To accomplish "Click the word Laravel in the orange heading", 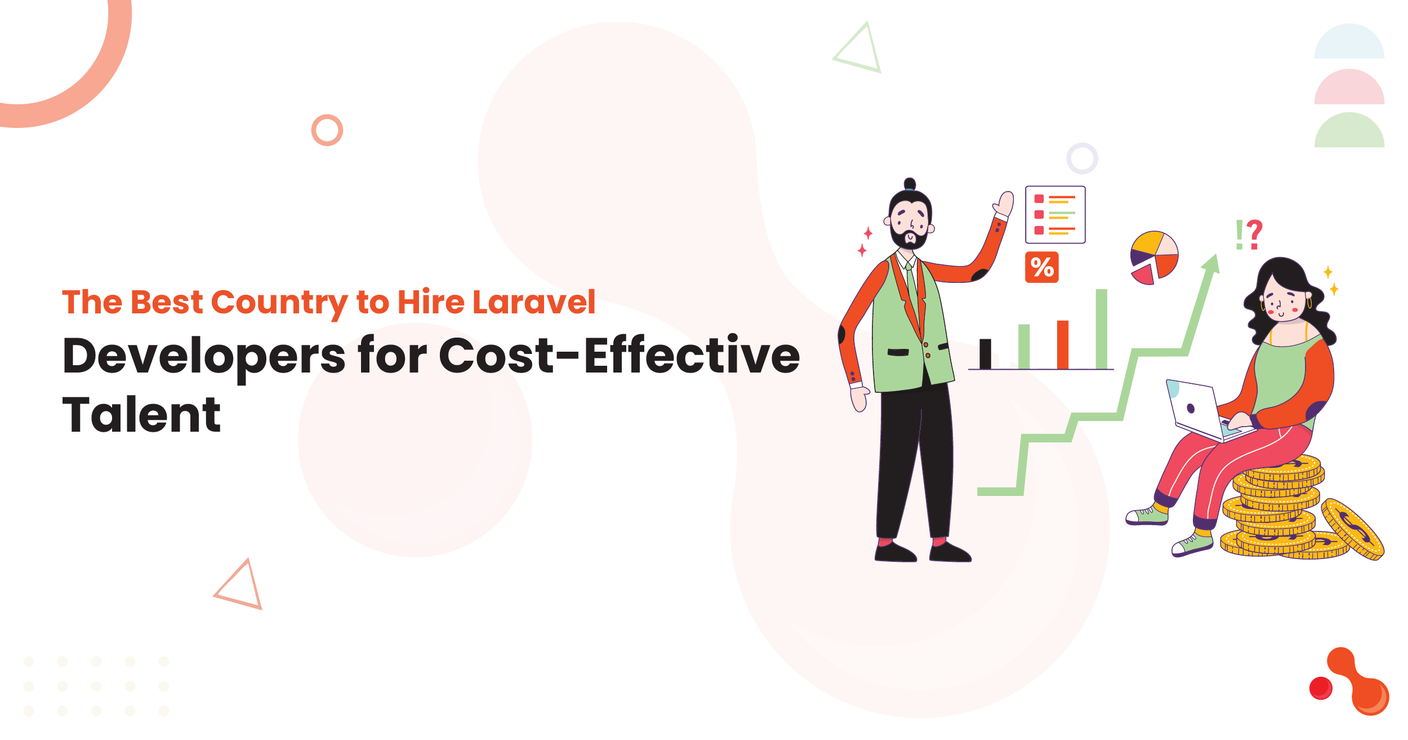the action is pyautogui.click(x=534, y=302).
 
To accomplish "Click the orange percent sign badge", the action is pyautogui.click(x=1041, y=267).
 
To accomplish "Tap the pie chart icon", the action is pyautogui.click(x=1154, y=258).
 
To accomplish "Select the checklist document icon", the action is pyautogui.click(x=1055, y=215).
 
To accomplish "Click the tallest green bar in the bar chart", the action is pyautogui.click(x=1101, y=329).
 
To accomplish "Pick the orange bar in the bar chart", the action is pyautogui.click(x=1063, y=345).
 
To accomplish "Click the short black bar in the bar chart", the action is pyautogui.click(x=985, y=354).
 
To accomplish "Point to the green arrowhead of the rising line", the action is pyautogui.click(x=1211, y=264).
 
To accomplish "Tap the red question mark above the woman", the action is pyautogui.click(x=1254, y=234).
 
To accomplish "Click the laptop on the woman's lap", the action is pyautogui.click(x=1204, y=411).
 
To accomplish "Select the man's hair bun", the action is pyautogui.click(x=910, y=184).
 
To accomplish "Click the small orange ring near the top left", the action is pyautogui.click(x=327, y=130).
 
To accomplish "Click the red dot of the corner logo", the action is pyautogui.click(x=1321, y=688).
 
